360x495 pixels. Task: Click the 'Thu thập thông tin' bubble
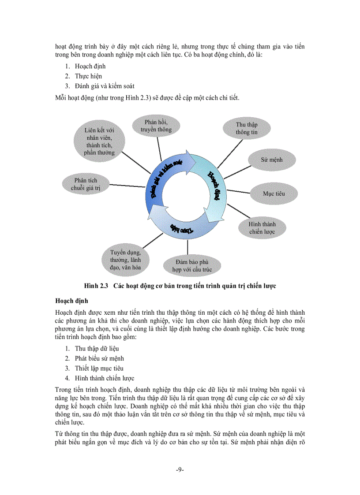coord(247,128)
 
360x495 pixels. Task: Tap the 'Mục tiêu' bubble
coord(274,194)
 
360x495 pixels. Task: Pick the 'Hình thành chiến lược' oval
coord(262,227)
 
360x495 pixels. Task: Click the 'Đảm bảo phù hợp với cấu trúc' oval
coord(191,265)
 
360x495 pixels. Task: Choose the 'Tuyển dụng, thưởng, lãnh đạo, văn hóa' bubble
coord(126,260)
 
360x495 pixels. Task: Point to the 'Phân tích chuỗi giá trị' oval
coord(86,184)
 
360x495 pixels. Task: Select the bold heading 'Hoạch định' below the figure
coord(71,301)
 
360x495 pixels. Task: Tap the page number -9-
coord(180,469)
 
